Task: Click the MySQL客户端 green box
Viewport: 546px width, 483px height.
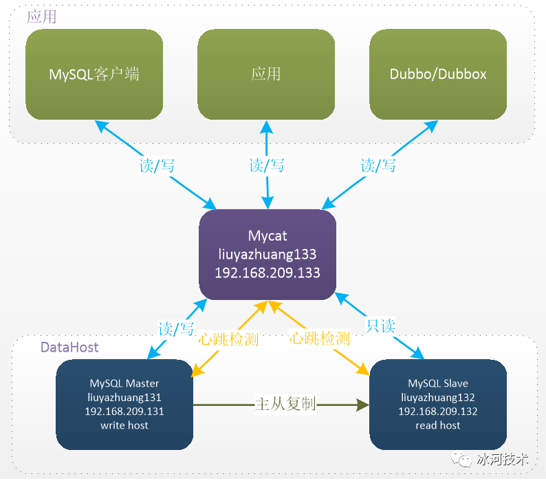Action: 94,74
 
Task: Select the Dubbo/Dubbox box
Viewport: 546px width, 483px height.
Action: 438,74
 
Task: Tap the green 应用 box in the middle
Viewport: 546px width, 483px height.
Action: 266,74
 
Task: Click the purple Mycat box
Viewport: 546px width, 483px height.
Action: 267,255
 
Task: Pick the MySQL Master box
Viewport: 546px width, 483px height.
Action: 124,405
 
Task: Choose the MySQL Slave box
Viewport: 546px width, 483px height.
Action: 438,405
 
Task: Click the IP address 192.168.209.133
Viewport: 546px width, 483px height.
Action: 267,272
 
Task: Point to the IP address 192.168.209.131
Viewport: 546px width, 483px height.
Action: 124,411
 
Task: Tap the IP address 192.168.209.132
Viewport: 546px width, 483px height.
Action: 438,411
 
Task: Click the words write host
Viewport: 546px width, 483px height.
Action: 124,425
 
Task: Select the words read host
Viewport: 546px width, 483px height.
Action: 438,425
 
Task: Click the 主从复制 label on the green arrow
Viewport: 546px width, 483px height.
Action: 285,404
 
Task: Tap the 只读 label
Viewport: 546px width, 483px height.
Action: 380,326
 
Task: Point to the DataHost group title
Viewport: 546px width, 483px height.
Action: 69,347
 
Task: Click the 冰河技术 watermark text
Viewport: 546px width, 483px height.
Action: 503,460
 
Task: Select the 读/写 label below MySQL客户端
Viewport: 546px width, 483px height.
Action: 157,166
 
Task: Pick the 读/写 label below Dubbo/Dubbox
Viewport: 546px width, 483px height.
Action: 378,166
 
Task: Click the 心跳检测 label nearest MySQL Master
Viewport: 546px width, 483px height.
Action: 228,339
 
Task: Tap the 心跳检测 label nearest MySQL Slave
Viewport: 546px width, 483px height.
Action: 320,338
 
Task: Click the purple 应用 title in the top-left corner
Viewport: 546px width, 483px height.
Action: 41,17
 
